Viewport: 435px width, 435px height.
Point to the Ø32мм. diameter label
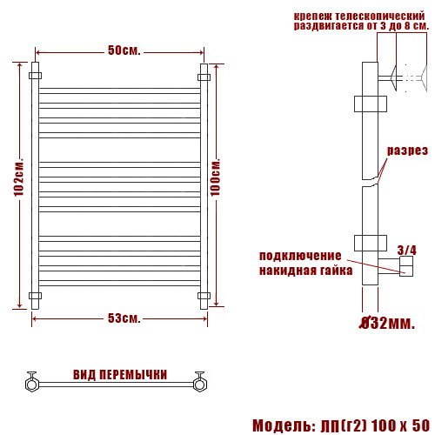(386, 325)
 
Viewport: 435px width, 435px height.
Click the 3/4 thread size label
(406, 251)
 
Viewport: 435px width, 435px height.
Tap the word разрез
(407, 151)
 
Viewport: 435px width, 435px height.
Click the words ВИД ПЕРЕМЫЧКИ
(120, 375)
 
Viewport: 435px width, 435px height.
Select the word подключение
(298, 256)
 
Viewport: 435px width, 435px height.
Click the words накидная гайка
(305, 271)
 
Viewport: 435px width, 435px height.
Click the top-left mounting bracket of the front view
(35, 77)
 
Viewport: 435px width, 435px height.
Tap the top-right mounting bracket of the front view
(204, 77)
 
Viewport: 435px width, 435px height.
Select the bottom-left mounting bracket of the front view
(35, 296)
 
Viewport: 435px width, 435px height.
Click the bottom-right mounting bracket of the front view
(204, 296)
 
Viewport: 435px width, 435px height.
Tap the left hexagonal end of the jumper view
(31, 382)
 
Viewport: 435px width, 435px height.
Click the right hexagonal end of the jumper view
(200, 382)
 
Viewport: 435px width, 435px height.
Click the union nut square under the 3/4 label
(406, 268)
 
